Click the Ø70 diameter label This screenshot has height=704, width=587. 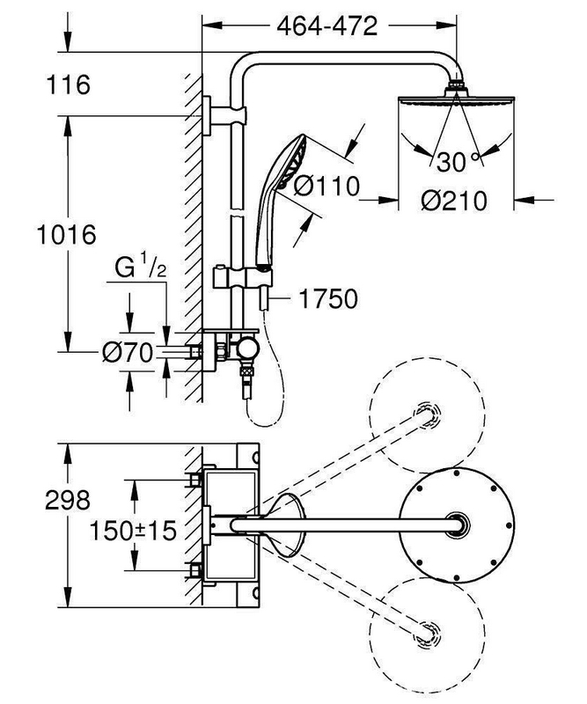coord(127,354)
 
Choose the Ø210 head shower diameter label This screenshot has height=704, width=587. coord(454,201)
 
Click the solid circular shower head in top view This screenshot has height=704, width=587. coord(455,524)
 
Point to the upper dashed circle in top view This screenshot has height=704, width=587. coord(429,411)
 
